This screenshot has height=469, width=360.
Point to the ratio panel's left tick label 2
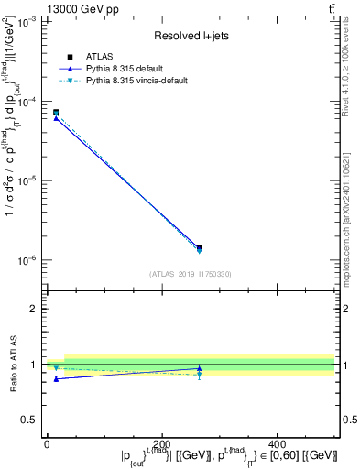(x=36, y=309)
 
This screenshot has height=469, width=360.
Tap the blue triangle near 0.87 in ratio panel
(x=56, y=378)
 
